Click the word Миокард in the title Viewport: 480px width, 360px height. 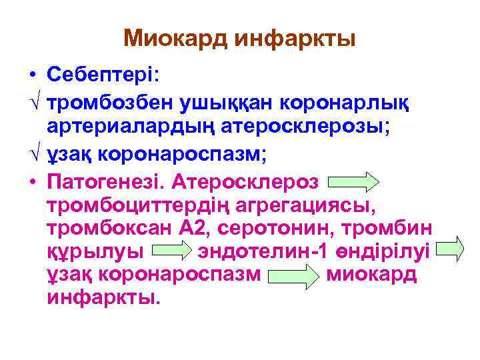click(175, 38)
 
